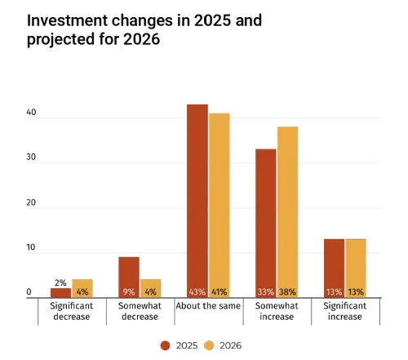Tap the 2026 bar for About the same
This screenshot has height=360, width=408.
[x=219, y=205]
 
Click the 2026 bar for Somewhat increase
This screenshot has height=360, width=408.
[x=287, y=212]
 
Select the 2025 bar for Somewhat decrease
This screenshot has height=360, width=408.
[x=129, y=277]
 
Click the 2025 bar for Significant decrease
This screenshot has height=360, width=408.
[x=60, y=292]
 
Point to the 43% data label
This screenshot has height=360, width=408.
[x=197, y=291]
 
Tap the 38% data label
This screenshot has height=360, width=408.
[x=287, y=291]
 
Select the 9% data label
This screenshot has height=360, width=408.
[x=129, y=291]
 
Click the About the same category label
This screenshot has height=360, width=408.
[x=207, y=306]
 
